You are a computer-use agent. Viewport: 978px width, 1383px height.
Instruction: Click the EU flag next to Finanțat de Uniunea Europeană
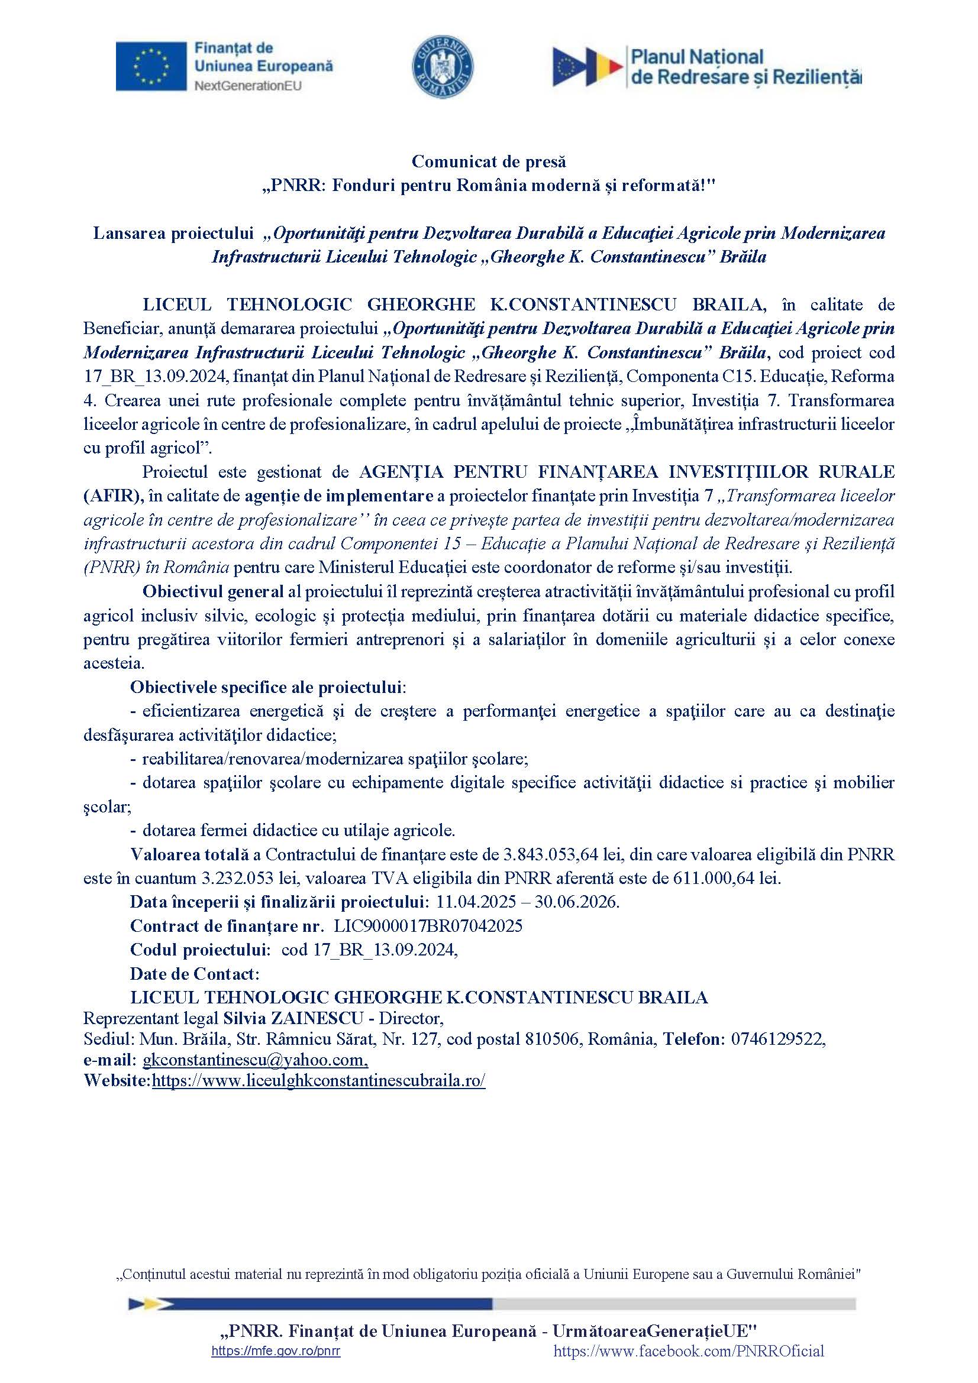[151, 66]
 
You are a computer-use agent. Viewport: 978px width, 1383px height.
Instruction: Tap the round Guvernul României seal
[443, 66]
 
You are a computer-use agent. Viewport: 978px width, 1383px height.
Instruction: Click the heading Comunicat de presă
[489, 161]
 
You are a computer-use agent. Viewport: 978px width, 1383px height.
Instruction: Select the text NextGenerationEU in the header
[248, 86]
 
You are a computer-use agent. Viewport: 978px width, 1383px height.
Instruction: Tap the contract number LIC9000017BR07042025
[428, 926]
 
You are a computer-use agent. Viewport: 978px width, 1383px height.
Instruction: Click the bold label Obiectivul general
[213, 591]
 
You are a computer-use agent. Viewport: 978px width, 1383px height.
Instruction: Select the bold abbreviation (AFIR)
[112, 495]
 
